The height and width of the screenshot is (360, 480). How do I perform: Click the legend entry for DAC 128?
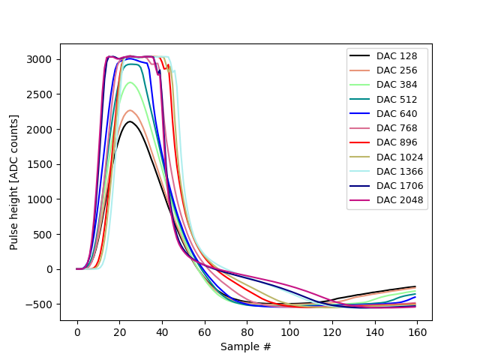click(x=396, y=55)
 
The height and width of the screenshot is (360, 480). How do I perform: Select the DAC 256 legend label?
click(x=396, y=70)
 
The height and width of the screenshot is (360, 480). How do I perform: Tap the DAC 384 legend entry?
click(x=396, y=85)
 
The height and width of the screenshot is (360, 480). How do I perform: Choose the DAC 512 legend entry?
click(x=396, y=99)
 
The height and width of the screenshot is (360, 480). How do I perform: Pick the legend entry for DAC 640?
click(x=396, y=113)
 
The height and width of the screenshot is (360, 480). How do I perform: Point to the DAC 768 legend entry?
click(x=396, y=127)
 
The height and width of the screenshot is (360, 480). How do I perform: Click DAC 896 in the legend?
click(x=396, y=142)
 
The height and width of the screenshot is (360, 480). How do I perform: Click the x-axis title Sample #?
click(x=246, y=346)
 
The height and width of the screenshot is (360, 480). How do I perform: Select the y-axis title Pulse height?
click(x=13, y=182)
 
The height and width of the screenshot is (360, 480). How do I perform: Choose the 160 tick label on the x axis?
click(x=418, y=332)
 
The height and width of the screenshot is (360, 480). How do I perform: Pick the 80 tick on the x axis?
click(x=247, y=332)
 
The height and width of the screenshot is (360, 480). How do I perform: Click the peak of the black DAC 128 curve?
click(x=130, y=121)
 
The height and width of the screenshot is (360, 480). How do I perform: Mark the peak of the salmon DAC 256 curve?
click(x=130, y=110)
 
